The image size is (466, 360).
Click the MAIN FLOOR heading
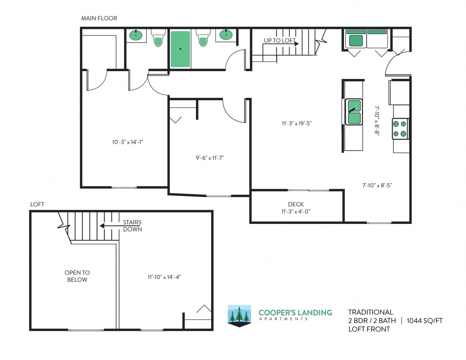(99, 18)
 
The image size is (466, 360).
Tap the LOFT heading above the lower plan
(37, 204)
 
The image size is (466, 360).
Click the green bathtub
(181, 49)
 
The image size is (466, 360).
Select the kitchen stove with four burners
(401, 129)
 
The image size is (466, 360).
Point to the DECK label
(296, 205)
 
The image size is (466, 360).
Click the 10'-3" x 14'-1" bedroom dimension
(124, 142)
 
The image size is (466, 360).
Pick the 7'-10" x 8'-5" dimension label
(377, 185)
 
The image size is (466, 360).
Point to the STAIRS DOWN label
(132, 226)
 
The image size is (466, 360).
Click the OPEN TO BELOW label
(77, 276)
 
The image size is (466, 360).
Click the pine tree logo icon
(239, 316)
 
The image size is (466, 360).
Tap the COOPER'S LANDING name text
(295, 313)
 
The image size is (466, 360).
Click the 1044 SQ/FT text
(425, 321)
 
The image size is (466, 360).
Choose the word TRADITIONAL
(370, 312)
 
